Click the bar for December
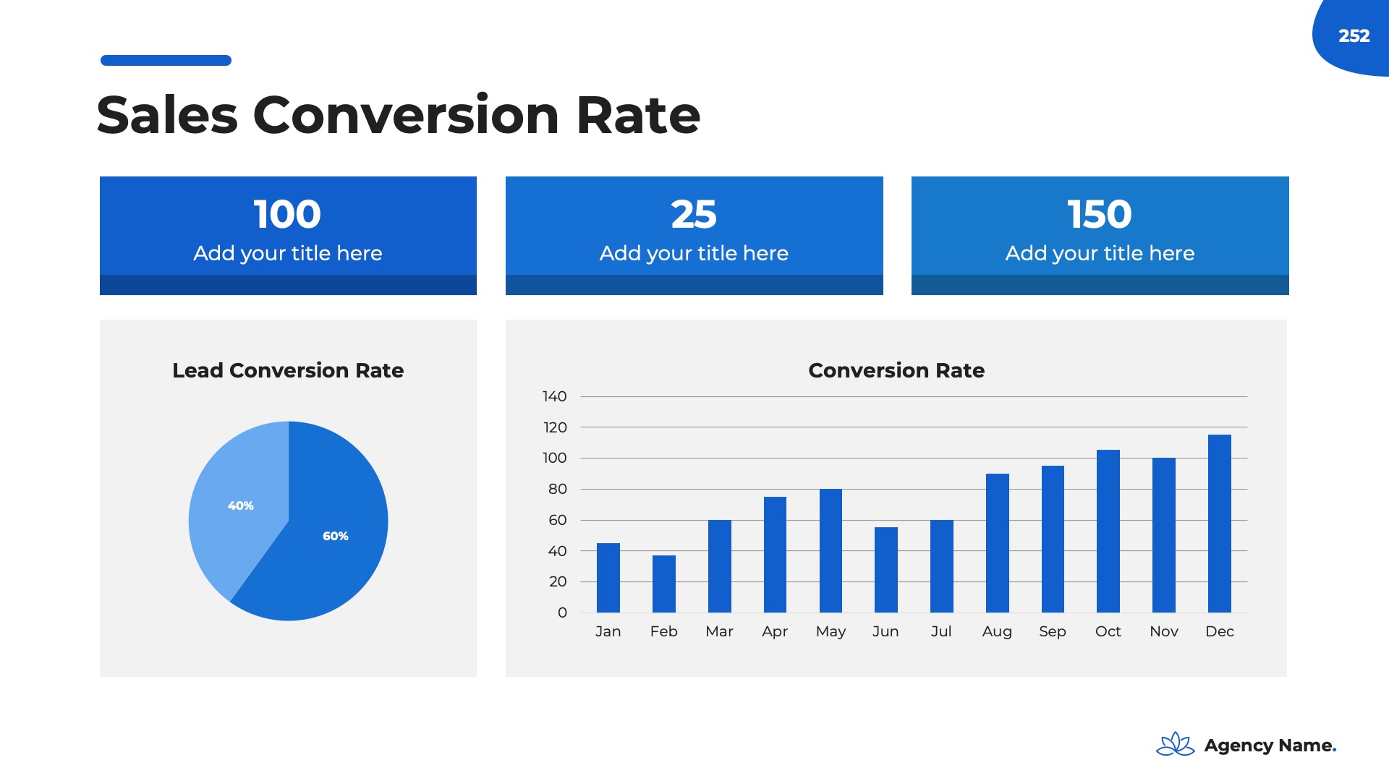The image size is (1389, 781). pyautogui.click(x=1219, y=524)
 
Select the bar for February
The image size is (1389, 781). pyautogui.click(x=663, y=584)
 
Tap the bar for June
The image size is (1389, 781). pyautogui.click(x=885, y=570)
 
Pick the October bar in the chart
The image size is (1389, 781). pyautogui.click(x=1108, y=531)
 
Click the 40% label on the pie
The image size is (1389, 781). pyautogui.click(x=241, y=505)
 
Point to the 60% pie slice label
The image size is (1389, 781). pyautogui.click(x=336, y=536)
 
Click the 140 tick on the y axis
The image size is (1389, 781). pyautogui.click(x=555, y=396)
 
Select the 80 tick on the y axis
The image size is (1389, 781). pyautogui.click(x=557, y=489)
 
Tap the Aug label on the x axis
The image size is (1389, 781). pyautogui.click(x=997, y=631)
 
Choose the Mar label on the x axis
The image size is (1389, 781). pyautogui.click(x=719, y=631)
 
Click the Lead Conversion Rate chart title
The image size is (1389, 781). pyautogui.click(x=288, y=370)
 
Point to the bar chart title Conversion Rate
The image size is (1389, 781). pyautogui.click(x=896, y=370)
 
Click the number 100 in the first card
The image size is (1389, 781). pyautogui.click(x=287, y=214)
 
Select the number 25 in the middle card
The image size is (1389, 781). pyautogui.click(x=694, y=214)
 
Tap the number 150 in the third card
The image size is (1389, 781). pyautogui.click(x=1100, y=214)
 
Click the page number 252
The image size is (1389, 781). pyautogui.click(x=1354, y=35)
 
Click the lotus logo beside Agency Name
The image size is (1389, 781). pyautogui.click(x=1176, y=744)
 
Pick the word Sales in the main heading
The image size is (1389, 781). pyautogui.click(x=167, y=115)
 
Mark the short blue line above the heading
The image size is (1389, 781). pyautogui.click(x=166, y=61)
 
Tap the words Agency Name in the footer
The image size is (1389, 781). pyautogui.click(x=1270, y=746)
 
